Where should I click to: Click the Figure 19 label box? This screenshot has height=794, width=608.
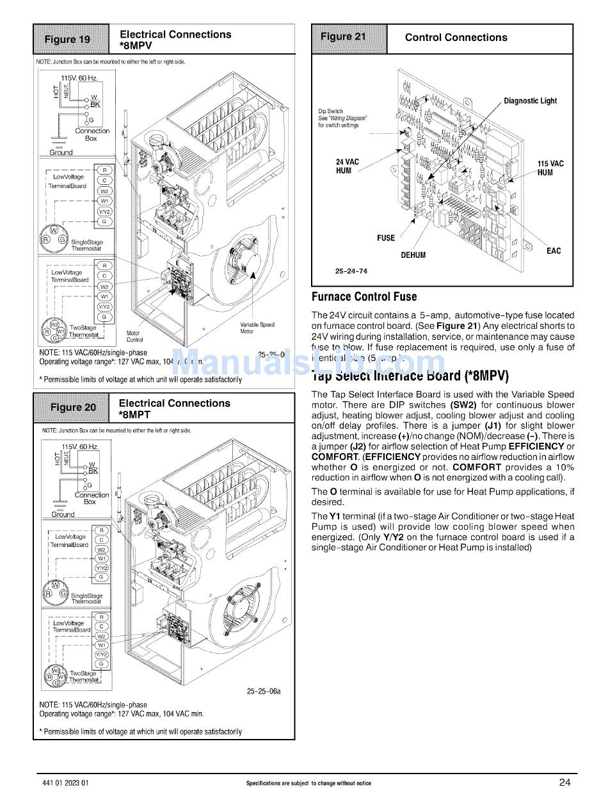[x=72, y=40]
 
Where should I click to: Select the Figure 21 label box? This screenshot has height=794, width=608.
[x=349, y=37]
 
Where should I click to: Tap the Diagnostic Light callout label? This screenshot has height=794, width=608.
[x=530, y=100]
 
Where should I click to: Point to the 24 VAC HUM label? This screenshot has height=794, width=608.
[x=348, y=166]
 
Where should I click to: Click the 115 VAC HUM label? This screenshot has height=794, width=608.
[x=550, y=168]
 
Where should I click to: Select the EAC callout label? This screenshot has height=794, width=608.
[x=553, y=251]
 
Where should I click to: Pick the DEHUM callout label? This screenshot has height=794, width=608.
[x=413, y=255]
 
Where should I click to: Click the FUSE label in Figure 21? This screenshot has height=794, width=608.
[x=386, y=238]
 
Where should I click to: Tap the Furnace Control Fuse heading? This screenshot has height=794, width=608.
[x=364, y=297]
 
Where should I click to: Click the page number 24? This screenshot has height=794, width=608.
[x=564, y=781]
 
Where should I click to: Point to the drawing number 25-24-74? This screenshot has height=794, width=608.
[x=351, y=271]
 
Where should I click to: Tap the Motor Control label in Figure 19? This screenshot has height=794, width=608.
[x=134, y=337]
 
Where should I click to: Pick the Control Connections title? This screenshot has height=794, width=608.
[x=456, y=38]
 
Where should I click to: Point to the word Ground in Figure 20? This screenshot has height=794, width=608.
[x=63, y=514]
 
